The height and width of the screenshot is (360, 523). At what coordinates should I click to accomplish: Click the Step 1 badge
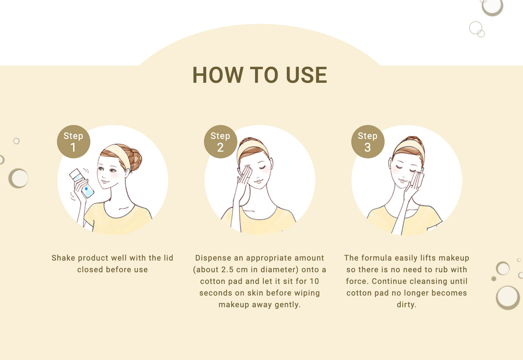pyautogui.click(x=73, y=141)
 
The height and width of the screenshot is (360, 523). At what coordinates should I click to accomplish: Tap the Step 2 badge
pyautogui.click(x=220, y=141)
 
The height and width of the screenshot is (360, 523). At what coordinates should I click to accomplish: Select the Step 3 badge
pyautogui.click(x=368, y=141)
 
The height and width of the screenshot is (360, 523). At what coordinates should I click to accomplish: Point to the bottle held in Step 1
pyautogui.click(x=82, y=183)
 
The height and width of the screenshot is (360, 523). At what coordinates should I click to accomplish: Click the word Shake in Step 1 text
pyautogui.click(x=63, y=258)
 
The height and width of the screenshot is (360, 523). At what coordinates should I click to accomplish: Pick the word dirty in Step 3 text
pyautogui.click(x=406, y=305)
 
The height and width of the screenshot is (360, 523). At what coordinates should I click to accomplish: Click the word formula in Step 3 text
pyautogui.click(x=376, y=258)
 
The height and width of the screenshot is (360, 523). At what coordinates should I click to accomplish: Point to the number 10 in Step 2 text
pyautogui.click(x=314, y=281)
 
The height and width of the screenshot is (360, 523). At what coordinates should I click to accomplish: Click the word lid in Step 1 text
pyautogui.click(x=168, y=258)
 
